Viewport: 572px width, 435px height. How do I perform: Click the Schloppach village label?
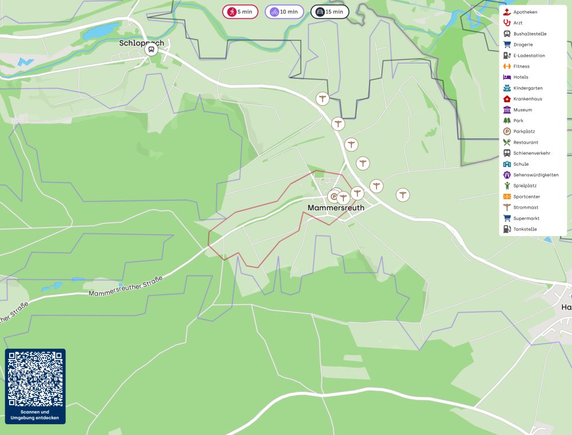(141, 43)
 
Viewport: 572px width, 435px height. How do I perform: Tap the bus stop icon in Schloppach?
(151, 50)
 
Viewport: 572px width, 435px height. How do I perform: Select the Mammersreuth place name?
(336, 208)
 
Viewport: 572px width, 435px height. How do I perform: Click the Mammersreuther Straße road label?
(126, 286)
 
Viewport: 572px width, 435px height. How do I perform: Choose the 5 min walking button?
(240, 11)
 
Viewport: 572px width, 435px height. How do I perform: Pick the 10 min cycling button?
(284, 11)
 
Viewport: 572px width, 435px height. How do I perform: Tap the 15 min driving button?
(329, 11)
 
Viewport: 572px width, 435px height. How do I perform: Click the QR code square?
(35, 378)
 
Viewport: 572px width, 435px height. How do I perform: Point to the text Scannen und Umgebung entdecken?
(35, 414)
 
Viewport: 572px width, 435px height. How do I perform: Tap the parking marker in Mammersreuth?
(334, 197)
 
